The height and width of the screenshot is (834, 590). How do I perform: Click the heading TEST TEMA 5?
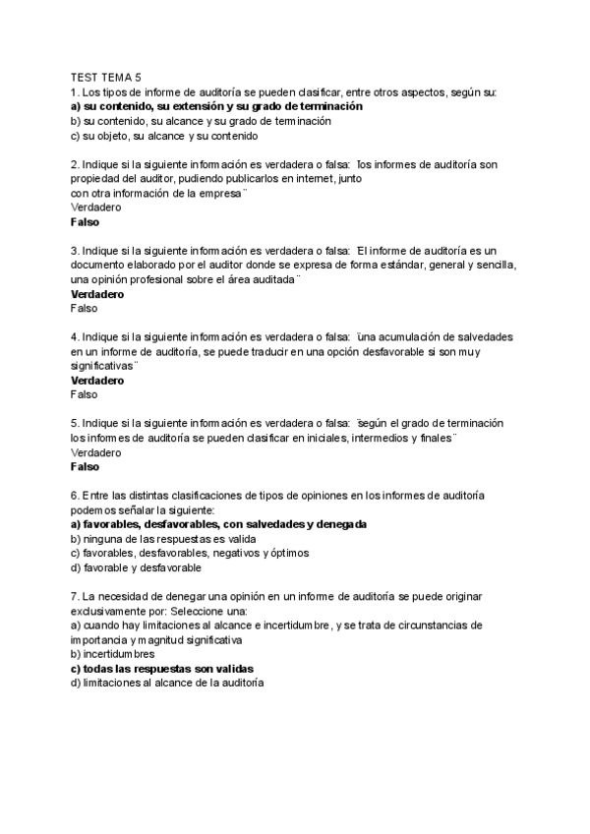106,77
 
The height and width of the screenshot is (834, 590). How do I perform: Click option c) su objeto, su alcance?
164,136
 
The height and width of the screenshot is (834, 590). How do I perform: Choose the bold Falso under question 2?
86,222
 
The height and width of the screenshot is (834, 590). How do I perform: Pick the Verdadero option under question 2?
96,208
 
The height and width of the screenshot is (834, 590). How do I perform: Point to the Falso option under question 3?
85,308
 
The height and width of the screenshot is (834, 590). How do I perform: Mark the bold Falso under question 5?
86,466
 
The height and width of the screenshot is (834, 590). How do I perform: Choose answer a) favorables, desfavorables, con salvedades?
219,524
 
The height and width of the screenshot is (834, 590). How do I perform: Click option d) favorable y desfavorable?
137,567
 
